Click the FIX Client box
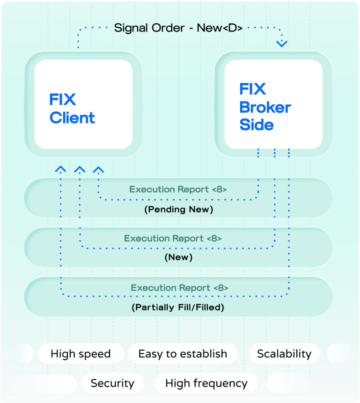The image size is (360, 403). click(83, 105)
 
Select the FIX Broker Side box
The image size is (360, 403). click(273, 105)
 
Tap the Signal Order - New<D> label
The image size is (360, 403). click(178, 28)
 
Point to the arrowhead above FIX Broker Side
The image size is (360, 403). click(282, 43)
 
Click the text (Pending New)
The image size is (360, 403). click(179, 209)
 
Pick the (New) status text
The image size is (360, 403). click(179, 258)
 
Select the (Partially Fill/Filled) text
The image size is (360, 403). click(178, 307)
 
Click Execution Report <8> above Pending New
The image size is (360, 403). click(178, 189)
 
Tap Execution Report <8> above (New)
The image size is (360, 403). click(173, 238)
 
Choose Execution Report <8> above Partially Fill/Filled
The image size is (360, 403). click(180, 288)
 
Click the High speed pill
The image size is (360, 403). click(81, 354)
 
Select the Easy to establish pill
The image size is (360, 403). click(183, 354)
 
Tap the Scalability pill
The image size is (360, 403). click(284, 354)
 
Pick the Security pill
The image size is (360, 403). click(113, 383)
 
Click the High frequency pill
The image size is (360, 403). click(206, 383)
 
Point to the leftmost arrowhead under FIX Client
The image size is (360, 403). click(61, 169)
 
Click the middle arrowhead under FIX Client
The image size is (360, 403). click(80, 169)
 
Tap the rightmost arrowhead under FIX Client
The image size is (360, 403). click(98, 169)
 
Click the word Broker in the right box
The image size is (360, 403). click(265, 107)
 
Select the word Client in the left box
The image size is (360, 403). click(72, 118)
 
